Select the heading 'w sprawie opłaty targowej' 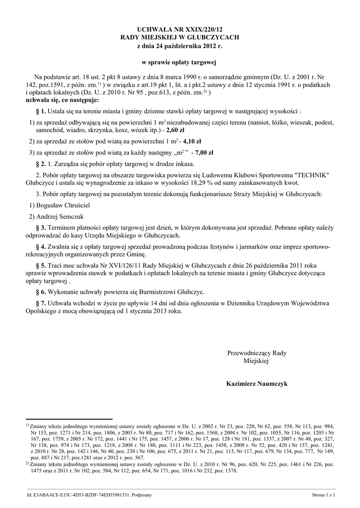tap(180, 63)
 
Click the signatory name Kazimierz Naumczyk tap(256, 383)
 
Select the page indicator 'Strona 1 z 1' tap(324, 495)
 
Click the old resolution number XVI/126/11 tap(120, 265)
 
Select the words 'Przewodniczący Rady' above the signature tap(256, 353)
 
